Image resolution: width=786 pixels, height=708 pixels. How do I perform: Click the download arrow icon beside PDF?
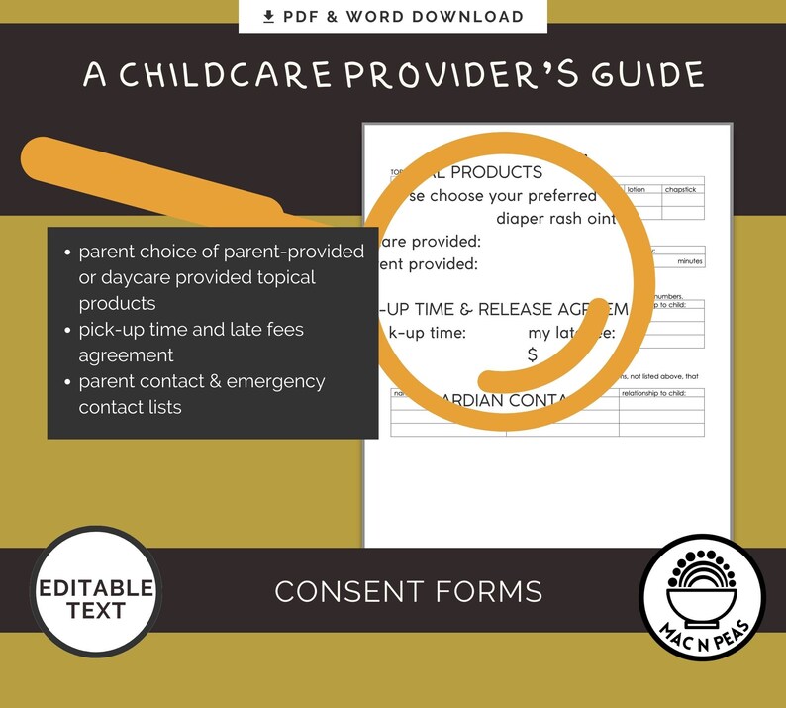268,17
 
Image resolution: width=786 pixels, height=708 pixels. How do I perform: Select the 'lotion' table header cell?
636,189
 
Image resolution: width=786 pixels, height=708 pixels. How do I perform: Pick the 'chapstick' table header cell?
683,189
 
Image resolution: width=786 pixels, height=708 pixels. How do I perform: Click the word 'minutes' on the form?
690,261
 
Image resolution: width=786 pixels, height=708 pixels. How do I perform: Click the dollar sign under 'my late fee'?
533,355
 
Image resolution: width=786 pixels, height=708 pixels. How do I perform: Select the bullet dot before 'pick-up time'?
65,330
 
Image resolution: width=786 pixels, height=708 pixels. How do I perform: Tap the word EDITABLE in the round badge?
96,588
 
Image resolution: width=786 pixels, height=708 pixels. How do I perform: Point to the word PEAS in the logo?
736,627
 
